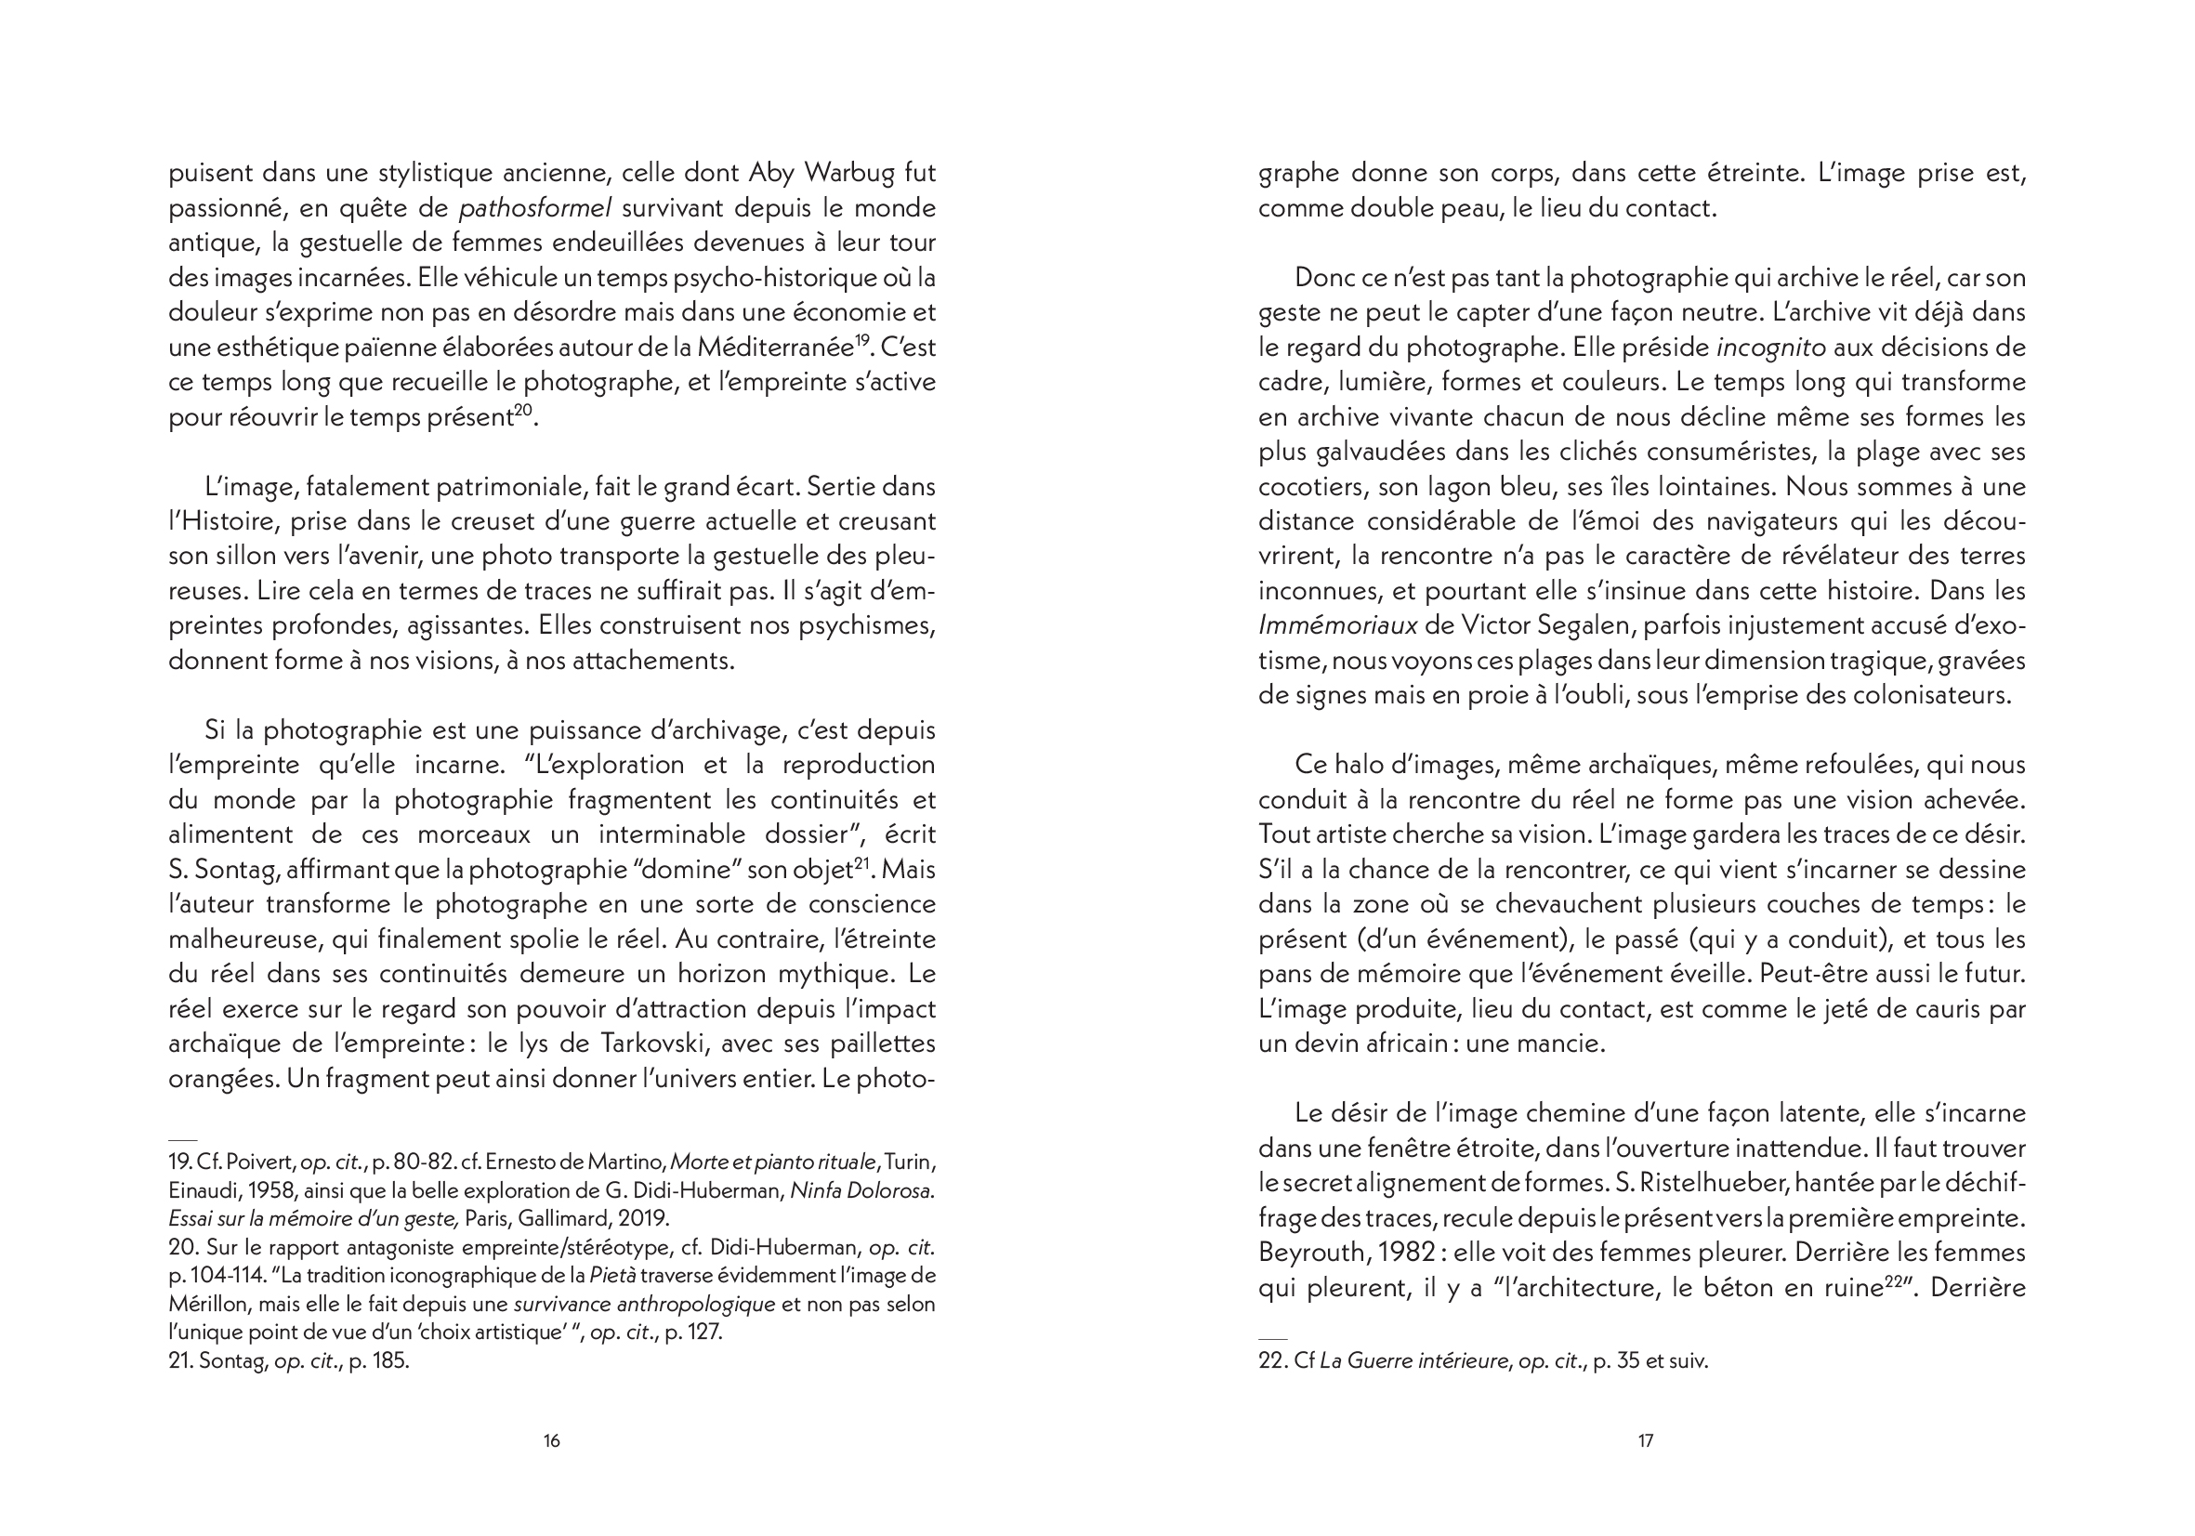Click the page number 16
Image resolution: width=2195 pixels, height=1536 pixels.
click(552, 1440)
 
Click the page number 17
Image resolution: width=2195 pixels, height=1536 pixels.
click(1645, 1440)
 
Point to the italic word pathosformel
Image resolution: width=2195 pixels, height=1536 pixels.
click(535, 208)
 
